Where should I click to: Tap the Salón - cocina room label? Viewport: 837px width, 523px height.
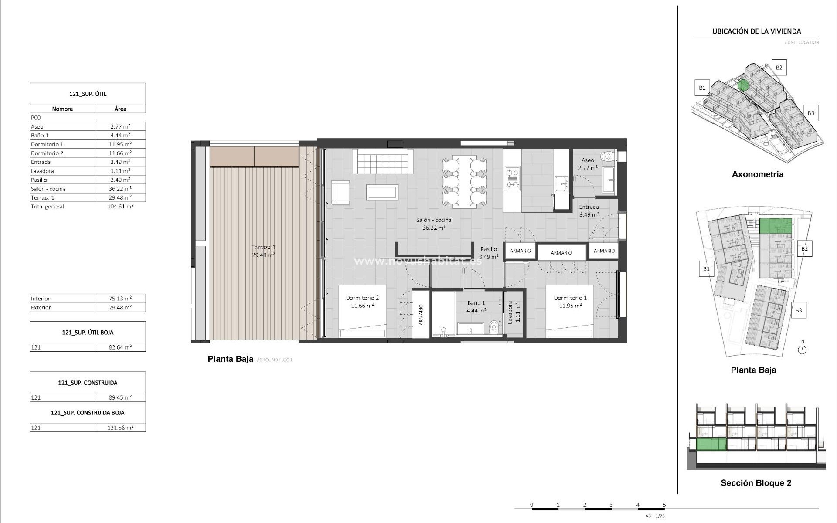pyautogui.click(x=433, y=220)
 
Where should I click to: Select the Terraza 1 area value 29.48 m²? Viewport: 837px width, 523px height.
pyautogui.click(x=120, y=197)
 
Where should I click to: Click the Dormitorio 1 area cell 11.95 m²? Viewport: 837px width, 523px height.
pyautogui.click(x=120, y=144)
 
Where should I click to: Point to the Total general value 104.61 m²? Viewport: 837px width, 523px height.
pyautogui.click(x=120, y=207)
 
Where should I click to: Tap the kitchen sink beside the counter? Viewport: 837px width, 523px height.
pyautogui.click(x=561, y=183)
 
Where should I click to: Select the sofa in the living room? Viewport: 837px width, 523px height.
pyautogui.click(x=382, y=161)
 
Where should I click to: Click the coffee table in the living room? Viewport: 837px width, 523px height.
pyautogui.click(x=382, y=193)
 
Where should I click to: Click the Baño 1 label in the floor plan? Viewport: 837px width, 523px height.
pyautogui.click(x=476, y=303)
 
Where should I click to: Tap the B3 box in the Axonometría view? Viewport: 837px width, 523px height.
pyautogui.click(x=810, y=113)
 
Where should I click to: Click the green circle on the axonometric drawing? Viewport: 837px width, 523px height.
pyautogui.click(x=744, y=85)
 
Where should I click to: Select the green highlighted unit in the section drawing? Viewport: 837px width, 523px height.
pyautogui.click(x=711, y=445)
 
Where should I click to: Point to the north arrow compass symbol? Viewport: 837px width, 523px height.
pyautogui.click(x=802, y=349)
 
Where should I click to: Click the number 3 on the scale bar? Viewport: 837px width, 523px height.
pyautogui.click(x=611, y=505)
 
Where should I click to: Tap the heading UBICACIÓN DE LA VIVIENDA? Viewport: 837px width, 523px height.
pyautogui.click(x=756, y=31)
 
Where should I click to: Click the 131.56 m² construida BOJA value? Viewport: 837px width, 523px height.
pyautogui.click(x=120, y=428)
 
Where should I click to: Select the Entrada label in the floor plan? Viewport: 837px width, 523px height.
pyautogui.click(x=589, y=207)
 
